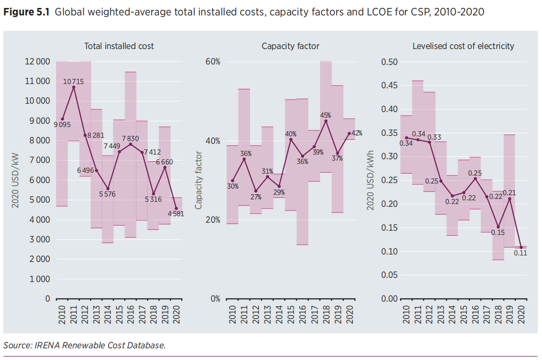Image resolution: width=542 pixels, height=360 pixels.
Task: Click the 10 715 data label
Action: [73, 82]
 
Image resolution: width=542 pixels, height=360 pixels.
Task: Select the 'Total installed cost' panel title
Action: [119, 46]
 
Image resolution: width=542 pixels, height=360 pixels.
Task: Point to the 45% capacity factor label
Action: [326, 115]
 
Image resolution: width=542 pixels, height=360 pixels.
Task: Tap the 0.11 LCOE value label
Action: [521, 253]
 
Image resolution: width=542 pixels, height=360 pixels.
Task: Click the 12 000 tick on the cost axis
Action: [37, 62]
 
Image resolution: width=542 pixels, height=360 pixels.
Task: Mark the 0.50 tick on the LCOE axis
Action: [390, 62]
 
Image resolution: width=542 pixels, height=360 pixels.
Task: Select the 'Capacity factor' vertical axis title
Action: [199, 180]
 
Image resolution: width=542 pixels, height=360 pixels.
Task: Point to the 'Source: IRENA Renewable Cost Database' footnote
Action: [84, 346]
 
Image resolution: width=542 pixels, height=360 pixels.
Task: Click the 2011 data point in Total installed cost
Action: [73, 87]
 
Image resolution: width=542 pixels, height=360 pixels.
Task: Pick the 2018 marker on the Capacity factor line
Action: [326, 121]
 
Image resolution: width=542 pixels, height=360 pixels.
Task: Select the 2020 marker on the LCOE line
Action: [521, 247]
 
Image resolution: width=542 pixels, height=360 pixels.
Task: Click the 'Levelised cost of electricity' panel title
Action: [463, 46]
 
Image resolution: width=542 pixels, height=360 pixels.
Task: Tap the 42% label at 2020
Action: [357, 134]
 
